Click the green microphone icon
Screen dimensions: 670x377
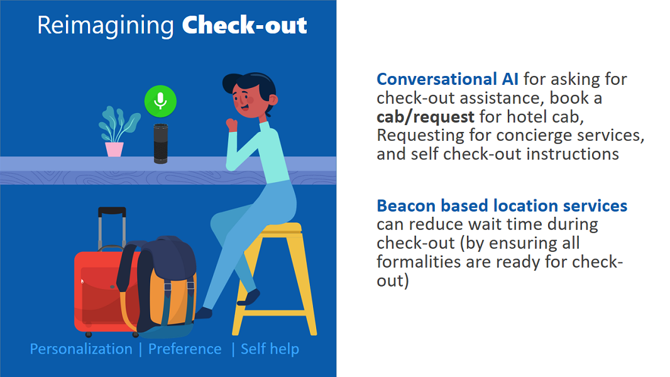[x=160, y=101]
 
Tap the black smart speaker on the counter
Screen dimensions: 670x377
[x=161, y=143]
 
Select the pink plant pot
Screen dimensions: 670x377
[x=114, y=150]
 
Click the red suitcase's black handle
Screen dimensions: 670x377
[x=112, y=211]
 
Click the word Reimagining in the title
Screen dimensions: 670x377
[x=106, y=26]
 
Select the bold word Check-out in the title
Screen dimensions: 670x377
[x=244, y=25]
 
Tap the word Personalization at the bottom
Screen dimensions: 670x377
[x=81, y=349]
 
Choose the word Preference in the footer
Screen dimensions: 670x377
[x=185, y=349]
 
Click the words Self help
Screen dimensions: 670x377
[x=270, y=349]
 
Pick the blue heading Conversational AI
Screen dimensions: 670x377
[x=448, y=79]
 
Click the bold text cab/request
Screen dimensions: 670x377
[x=425, y=117]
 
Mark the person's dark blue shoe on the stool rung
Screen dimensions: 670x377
[x=249, y=297]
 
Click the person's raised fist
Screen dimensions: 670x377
[x=232, y=125]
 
